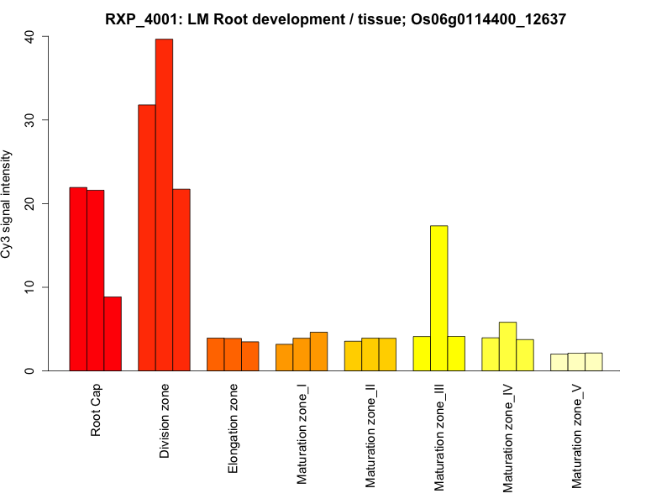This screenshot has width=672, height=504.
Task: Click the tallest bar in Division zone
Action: point(164,205)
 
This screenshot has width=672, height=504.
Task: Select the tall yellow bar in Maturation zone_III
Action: point(439,298)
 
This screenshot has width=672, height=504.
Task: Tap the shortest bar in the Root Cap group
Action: point(113,333)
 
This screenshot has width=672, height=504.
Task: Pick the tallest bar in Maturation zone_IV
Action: point(507,346)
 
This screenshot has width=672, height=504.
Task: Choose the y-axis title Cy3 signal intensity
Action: point(8,203)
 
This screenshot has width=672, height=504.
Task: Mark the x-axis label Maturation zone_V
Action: point(577,436)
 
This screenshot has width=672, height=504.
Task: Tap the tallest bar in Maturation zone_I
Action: point(319,351)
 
